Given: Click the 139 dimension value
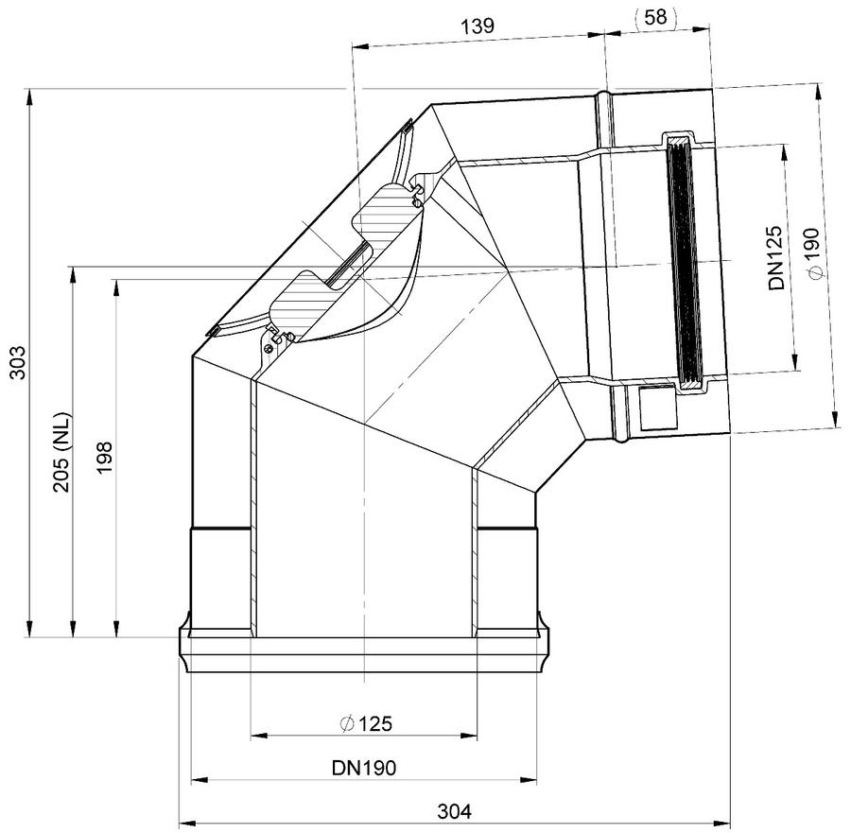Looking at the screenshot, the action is [478, 26].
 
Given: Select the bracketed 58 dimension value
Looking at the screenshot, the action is [655, 17].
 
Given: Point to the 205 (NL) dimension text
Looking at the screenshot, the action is [62, 453].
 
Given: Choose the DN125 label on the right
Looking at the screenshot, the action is [776, 257].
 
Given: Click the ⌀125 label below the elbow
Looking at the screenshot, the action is [365, 723].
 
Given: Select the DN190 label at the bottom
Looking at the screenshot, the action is [364, 768].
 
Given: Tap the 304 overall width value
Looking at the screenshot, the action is [454, 812].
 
